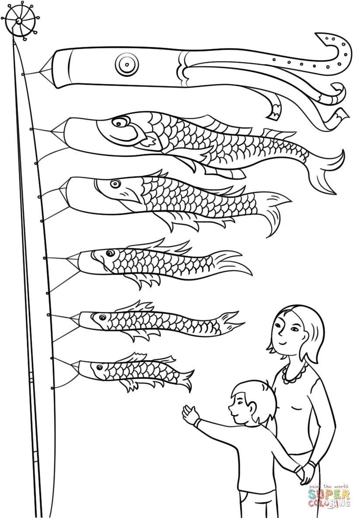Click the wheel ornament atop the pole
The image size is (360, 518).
pos(20,21)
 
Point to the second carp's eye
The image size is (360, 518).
pos(115,183)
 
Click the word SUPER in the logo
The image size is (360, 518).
pos(329,494)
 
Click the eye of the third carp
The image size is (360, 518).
pos(108,253)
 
